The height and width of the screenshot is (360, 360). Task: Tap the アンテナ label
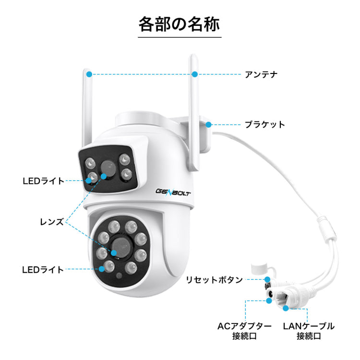(x=261, y=74)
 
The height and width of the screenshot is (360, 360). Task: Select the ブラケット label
(x=264, y=125)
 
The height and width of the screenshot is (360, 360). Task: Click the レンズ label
(x=52, y=222)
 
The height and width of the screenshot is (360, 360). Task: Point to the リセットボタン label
(x=214, y=280)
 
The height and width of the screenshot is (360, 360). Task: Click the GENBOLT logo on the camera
(x=174, y=192)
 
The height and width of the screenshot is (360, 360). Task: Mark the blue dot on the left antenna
(x=89, y=74)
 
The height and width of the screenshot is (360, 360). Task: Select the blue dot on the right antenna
(x=195, y=74)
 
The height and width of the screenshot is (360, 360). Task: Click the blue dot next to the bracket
(x=209, y=124)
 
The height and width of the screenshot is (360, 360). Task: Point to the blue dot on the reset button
(x=266, y=279)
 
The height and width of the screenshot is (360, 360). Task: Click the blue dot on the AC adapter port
(x=269, y=301)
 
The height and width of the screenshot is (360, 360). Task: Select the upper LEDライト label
(x=43, y=181)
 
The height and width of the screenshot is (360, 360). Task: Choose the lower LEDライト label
(x=43, y=270)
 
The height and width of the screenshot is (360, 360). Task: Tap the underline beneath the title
(x=180, y=36)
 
